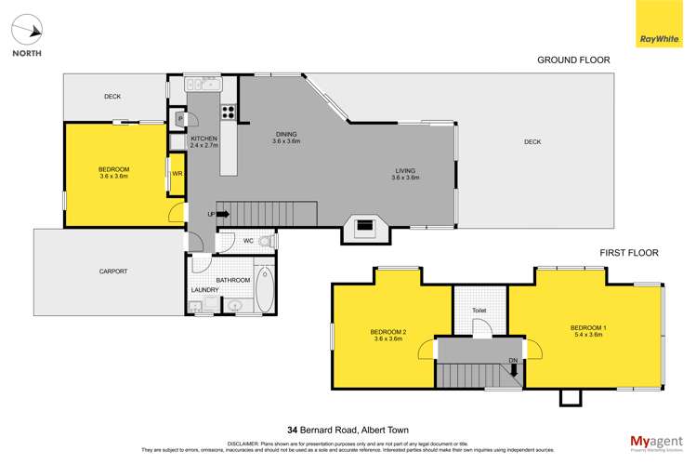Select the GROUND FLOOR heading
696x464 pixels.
click(573, 60)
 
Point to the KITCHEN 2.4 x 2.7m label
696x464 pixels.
click(204, 142)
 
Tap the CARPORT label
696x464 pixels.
click(112, 272)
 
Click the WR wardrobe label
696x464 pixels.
click(176, 172)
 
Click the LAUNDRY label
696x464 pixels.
click(204, 290)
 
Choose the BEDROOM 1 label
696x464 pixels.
click(586, 330)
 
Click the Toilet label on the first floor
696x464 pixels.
click(479, 312)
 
